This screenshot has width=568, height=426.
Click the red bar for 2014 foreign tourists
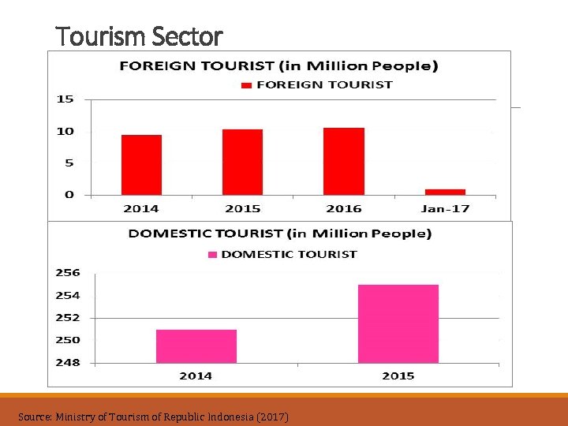pyautogui.click(x=141, y=165)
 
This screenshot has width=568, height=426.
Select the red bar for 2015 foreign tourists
pyautogui.click(x=242, y=162)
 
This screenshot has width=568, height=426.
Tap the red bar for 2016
pyautogui.click(x=344, y=161)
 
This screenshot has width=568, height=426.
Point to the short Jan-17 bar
pyautogui.click(x=445, y=192)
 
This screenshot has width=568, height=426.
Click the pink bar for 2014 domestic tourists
pyautogui.click(x=196, y=346)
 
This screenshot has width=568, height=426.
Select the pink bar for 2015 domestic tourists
pyautogui.click(x=398, y=324)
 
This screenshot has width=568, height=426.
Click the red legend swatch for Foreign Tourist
pyautogui.click(x=246, y=85)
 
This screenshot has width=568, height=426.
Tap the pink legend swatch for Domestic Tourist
pyautogui.click(x=212, y=255)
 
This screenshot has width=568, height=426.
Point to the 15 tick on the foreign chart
pyautogui.click(x=65, y=99)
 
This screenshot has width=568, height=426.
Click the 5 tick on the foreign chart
pyautogui.click(x=69, y=163)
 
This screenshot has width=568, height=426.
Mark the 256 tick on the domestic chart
pyautogui.click(x=68, y=273)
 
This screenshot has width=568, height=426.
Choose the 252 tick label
pyautogui.click(x=68, y=318)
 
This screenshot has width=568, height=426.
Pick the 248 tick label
pyautogui.click(x=68, y=363)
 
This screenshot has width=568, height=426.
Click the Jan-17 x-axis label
pyautogui.click(x=445, y=208)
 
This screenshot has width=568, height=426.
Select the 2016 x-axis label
pyautogui.click(x=344, y=208)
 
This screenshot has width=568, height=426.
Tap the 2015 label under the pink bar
pyautogui.click(x=398, y=376)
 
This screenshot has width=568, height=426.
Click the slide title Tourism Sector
pyautogui.click(x=140, y=36)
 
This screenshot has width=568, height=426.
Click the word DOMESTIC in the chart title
pyautogui.click(x=167, y=234)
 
